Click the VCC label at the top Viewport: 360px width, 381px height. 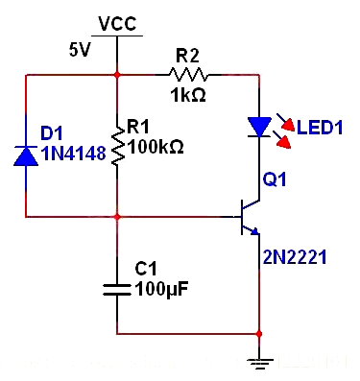pos(117,22)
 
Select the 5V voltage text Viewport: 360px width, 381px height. pos(79,50)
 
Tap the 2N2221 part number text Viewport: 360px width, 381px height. pos(295,256)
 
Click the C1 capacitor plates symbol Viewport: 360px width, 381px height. pos(117,288)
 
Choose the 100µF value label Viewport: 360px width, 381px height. pos(157,287)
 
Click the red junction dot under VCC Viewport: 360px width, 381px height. pos(117,73)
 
